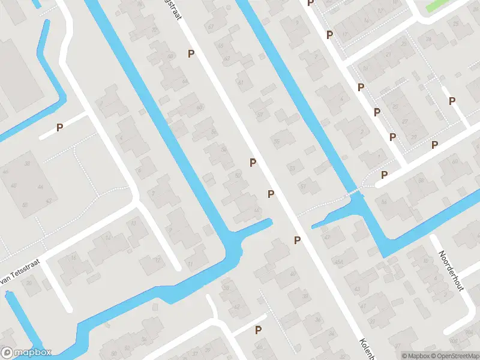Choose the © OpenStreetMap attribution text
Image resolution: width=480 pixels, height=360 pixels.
(x=455, y=356)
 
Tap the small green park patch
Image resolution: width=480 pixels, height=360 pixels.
(x=441, y=5)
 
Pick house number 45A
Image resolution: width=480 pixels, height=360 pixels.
(x=338, y=263)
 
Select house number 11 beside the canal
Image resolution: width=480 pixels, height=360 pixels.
(x=190, y=264)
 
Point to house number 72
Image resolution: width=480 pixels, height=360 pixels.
(x=158, y=260)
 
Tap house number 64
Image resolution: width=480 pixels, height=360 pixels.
(x=184, y=82)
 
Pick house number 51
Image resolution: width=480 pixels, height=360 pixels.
(x=303, y=187)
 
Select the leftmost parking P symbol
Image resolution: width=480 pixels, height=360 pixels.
(x=59, y=127)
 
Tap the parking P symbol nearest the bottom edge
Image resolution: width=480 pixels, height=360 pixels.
(x=258, y=330)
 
